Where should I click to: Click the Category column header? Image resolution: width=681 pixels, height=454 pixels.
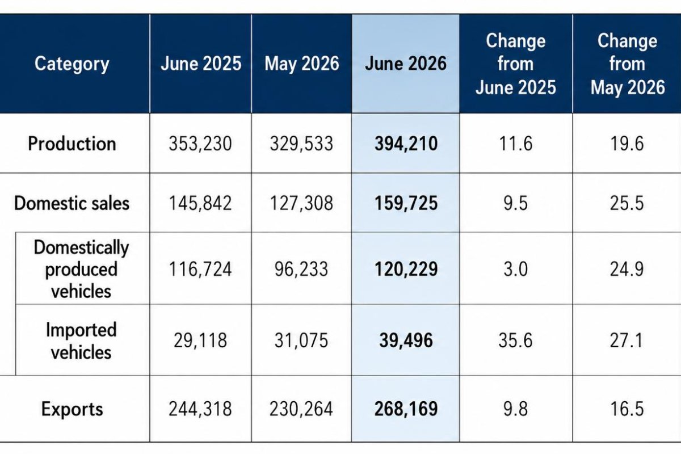pyautogui.click(x=72, y=64)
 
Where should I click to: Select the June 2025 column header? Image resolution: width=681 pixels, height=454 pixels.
pyautogui.click(x=201, y=64)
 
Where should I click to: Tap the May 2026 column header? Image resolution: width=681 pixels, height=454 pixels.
pyautogui.click(x=301, y=64)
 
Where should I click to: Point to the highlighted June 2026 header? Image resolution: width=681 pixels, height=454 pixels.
pyautogui.click(x=406, y=64)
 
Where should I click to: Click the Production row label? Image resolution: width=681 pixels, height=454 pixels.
pyautogui.click(x=72, y=143)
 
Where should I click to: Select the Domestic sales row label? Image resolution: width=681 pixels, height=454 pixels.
pyautogui.click(x=72, y=203)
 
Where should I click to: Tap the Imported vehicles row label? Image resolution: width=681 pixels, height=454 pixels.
pyautogui.click(x=81, y=341)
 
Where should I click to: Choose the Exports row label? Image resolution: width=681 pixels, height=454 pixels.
pyautogui.click(x=72, y=409)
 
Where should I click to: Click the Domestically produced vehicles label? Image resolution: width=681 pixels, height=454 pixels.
pyautogui.click(x=81, y=269)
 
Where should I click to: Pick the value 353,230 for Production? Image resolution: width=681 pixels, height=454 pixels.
pyautogui.click(x=200, y=144)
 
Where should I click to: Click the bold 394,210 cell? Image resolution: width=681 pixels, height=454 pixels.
pyautogui.click(x=406, y=144)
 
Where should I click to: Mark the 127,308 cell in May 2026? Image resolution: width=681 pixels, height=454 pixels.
pyautogui.click(x=301, y=203)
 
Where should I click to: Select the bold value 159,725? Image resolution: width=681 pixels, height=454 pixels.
pyautogui.click(x=406, y=203)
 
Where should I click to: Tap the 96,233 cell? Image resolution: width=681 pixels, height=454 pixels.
pyautogui.click(x=301, y=269)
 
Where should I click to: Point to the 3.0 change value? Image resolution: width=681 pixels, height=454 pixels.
pyautogui.click(x=516, y=269)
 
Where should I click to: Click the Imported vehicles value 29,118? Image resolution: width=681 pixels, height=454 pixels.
pyautogui.click(x=200, y=340)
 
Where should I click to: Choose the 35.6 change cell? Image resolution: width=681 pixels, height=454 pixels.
pyautogui.click(x=516, y=340)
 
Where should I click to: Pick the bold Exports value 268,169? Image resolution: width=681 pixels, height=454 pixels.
pyautogui.click(x=406, y=409)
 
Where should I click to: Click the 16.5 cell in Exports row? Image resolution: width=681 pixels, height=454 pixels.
pyautogui.click(x=627, y=409)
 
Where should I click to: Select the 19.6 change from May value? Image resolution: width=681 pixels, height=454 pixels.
pyautogui.click(x=627, y=144)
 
